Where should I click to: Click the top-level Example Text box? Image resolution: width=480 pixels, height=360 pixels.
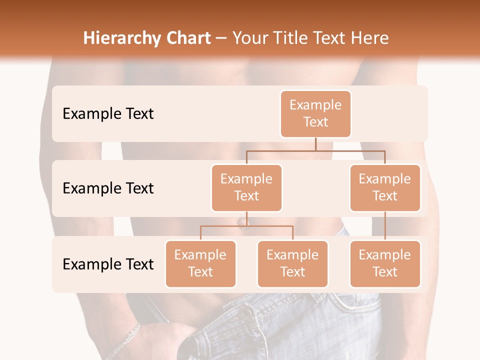point(315,113)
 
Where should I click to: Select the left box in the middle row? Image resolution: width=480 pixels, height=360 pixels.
point(246,187)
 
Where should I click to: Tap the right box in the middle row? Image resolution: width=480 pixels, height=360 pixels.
point(385,187)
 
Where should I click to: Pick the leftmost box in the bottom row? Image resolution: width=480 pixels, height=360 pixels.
point(200,263)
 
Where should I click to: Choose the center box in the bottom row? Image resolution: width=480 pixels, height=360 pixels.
point(292,263)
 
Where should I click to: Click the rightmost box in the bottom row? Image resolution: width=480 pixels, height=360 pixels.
point(385,263)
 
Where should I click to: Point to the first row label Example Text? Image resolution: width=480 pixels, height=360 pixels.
point(108,114)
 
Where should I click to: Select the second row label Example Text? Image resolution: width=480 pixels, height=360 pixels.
point(108,188)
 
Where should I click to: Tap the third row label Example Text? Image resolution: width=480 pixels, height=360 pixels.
point(108,264)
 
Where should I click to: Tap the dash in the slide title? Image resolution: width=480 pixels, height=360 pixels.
point(221,38)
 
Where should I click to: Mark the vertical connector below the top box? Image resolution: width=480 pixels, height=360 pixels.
point(315,144)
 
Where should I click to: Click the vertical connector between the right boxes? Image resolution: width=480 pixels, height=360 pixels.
point(385,226)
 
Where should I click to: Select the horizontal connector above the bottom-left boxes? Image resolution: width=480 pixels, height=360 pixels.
point(246,226)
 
